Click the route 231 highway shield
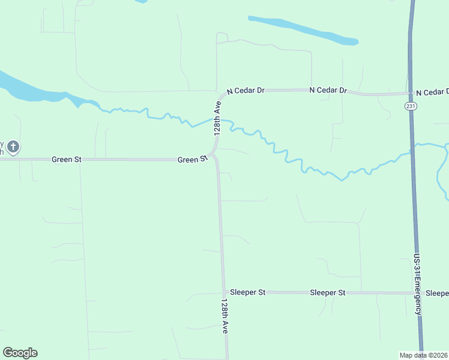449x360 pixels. tap(410, 106)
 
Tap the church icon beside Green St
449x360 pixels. tap(14, 146)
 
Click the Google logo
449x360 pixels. tap(20, 353)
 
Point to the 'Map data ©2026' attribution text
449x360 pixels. tap(423, 355)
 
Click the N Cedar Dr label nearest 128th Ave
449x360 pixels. tap(246, 91)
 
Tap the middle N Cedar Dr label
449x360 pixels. tap(328, 90)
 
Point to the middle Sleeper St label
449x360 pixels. tap(328, 293)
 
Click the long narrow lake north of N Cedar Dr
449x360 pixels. tap(303, 30)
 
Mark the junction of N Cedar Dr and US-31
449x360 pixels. tap(411, 94)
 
